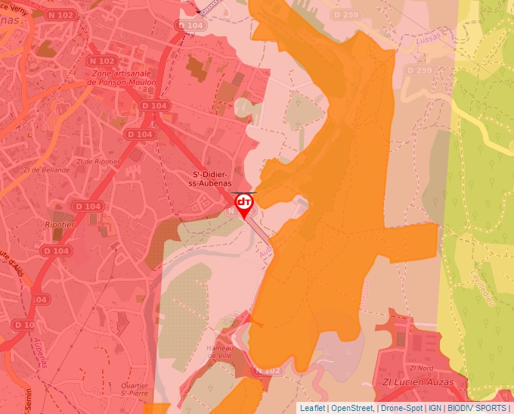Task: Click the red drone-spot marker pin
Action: tap(244, 204)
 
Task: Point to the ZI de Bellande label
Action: tap(46, 170)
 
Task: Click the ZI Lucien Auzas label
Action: tap(418, 382)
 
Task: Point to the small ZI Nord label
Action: tap(420, 368)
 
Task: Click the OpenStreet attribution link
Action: tap(352, 407)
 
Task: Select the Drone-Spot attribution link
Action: tap(402, 407)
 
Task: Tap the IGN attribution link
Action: tap(435, 407)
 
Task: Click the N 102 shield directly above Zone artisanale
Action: tap(102, 61)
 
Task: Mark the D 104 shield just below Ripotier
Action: tap(55, 251)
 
